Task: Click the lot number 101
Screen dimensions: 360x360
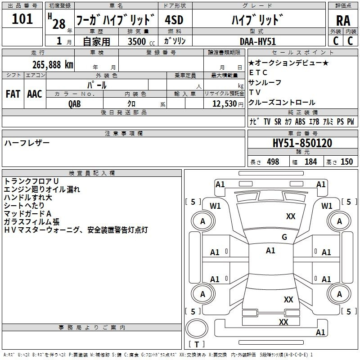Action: [x=22, y=19]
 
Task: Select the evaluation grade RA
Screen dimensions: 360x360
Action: [x=343, y=20]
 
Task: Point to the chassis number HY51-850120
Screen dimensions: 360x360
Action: [x=302, y=143]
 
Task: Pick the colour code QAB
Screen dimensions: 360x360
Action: [x=75, y=103]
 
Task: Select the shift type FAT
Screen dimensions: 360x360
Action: [x=13, y=94]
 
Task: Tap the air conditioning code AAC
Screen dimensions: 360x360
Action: [x=35, y=94]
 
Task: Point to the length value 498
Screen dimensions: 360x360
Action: [x=273, y=162]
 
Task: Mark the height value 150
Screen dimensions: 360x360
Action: [x=346, y=162]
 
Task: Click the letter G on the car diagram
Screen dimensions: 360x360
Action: [x=284, y=237]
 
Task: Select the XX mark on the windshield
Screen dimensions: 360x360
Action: [x=291, y=216]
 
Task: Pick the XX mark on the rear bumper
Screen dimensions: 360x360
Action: [x=283, y=322]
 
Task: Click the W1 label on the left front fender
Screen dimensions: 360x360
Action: [x=216, y=206]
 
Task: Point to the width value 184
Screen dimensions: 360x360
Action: [x=310, y=162]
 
